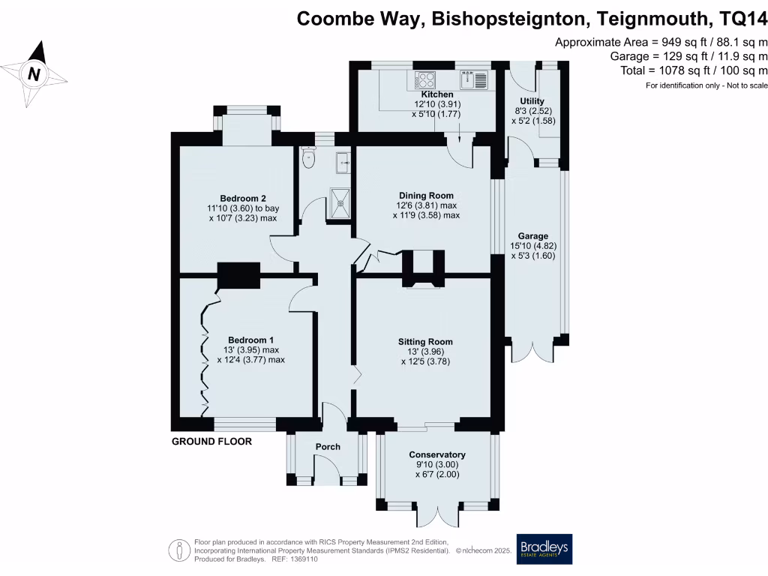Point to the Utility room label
532,101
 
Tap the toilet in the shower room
308,157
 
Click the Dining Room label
424,195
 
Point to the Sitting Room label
425,341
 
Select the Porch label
328,446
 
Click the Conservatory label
437,454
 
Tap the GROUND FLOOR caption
212,442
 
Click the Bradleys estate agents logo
544,549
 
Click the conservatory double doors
437,516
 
